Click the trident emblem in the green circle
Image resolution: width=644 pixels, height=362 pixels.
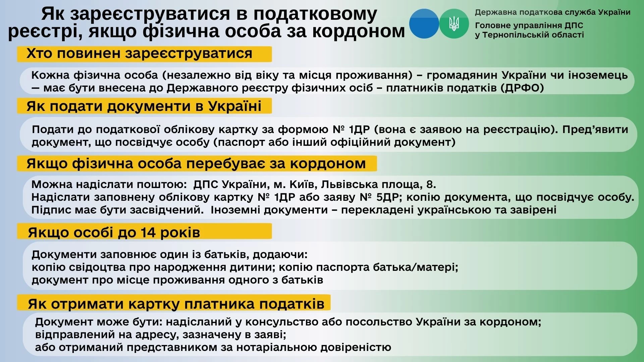click(454, 23)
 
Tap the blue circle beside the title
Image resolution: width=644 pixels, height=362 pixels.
click(424, 23)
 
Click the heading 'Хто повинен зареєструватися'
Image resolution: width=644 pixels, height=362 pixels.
click(139, 54)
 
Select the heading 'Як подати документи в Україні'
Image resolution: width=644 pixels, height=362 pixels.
click(144, 106)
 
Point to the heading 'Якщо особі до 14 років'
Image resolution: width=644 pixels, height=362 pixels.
click(114, 232)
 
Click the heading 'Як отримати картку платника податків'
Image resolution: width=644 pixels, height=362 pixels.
click(176, 304)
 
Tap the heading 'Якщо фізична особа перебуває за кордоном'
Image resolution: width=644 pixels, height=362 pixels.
click(196, 164)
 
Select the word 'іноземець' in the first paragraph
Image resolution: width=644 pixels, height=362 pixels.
click(598, 75)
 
